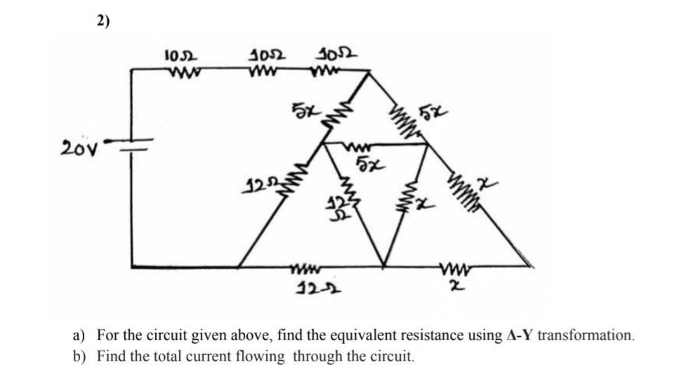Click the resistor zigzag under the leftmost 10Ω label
[x=180, y=70]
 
